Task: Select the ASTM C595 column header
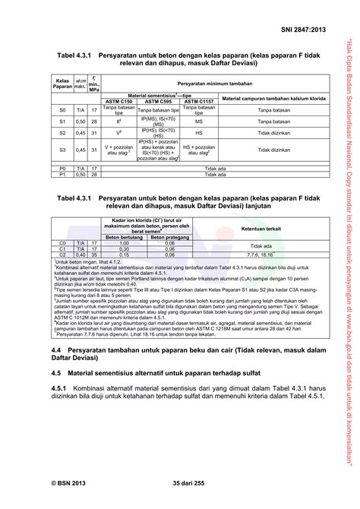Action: [158, 100]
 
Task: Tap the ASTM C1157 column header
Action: [198, 100]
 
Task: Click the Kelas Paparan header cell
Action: [62, 84]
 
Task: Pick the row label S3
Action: [62, 150]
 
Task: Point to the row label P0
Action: [62, 168]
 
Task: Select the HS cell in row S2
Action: [198, 133]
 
